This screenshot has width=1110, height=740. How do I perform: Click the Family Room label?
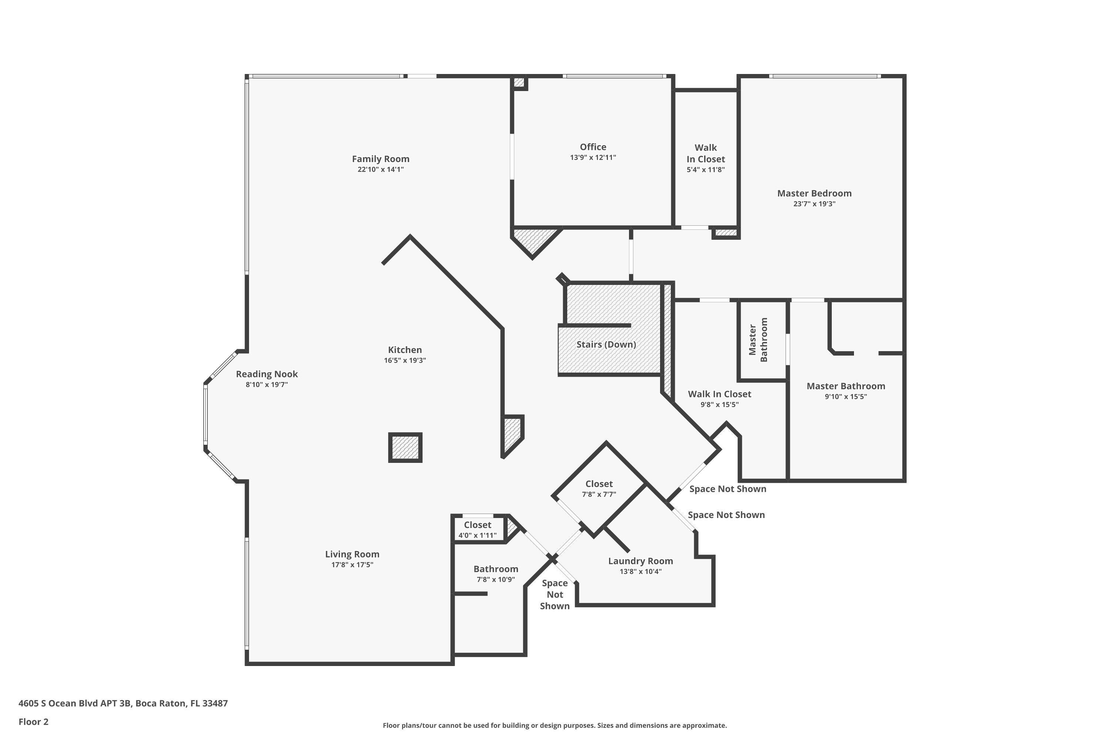(380, 159)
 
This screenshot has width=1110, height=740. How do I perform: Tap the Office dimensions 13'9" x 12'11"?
(593, 158)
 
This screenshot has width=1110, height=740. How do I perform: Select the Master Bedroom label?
(814, 194)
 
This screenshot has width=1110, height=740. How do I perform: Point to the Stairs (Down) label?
(606, 344)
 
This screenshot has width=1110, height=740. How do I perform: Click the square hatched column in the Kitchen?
(405, 447)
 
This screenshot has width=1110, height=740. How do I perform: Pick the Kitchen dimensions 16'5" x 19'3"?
(405, 360)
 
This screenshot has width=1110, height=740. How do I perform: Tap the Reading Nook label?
(267, 374)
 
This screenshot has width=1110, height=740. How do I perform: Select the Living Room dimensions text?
(352, 565)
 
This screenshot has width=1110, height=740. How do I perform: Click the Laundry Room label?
(640, 561)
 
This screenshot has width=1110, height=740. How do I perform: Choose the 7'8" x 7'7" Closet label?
(599, 484)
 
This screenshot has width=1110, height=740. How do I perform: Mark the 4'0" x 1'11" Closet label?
(477, 525)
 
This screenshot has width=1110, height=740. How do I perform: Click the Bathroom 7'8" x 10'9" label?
(495, 569)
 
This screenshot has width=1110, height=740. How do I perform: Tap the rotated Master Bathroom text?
(758, 340)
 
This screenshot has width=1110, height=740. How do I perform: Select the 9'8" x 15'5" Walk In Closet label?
(719, 394)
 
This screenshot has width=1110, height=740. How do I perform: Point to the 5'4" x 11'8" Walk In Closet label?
(706, 154)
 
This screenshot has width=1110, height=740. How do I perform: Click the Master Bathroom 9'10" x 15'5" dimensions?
(846, 397)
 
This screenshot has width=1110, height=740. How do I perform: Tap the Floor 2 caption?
(34, 721)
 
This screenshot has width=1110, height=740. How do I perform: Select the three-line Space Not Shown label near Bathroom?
(555, 595)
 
